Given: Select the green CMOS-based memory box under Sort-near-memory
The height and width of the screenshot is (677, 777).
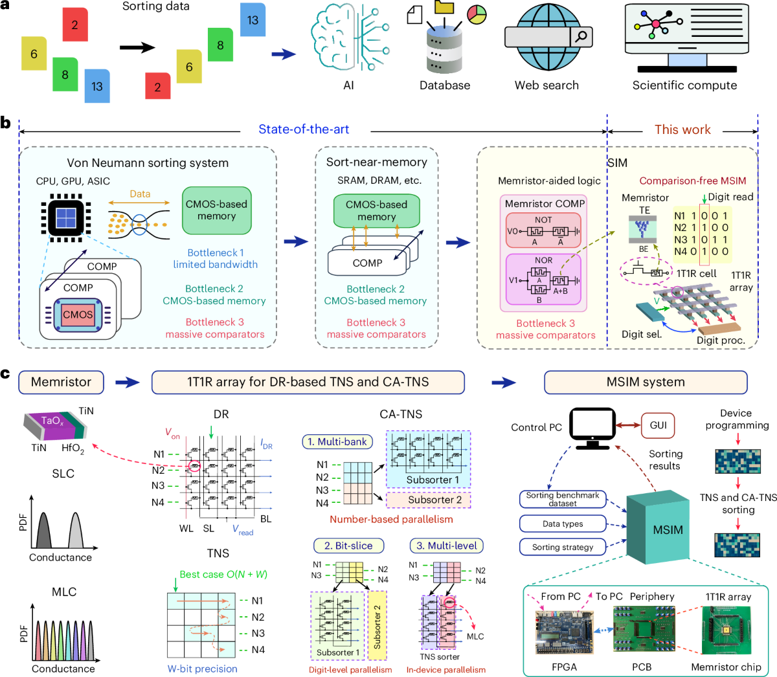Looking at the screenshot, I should [x=376, y=210].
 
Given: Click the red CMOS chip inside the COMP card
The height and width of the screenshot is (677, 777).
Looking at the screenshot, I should [x=78, y=315].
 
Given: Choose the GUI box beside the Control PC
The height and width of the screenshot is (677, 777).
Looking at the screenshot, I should [x=658, y=425].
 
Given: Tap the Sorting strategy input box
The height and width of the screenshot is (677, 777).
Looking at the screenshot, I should [x=563, y=547].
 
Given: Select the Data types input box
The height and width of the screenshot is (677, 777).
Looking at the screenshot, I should [x=563, y=524].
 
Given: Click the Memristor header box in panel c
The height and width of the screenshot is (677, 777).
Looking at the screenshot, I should [x=61, y=382].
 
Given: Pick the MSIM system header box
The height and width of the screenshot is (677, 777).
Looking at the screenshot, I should [x=645, y=382].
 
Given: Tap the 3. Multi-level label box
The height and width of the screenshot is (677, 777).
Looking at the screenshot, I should [x=447, y=546].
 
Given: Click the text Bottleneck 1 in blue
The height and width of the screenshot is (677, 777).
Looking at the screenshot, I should [x=216, y=252].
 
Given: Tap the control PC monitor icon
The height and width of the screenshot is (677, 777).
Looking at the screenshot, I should [x=593, y=427].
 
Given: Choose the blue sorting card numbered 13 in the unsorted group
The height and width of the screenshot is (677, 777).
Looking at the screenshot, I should [x=97, y=85].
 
